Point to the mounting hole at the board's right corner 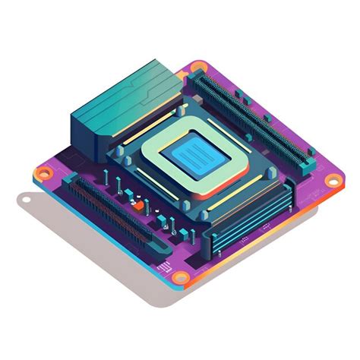[332, 181]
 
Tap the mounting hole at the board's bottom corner [180, 279]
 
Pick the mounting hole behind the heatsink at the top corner [198, 68]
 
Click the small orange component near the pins [139, 204]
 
